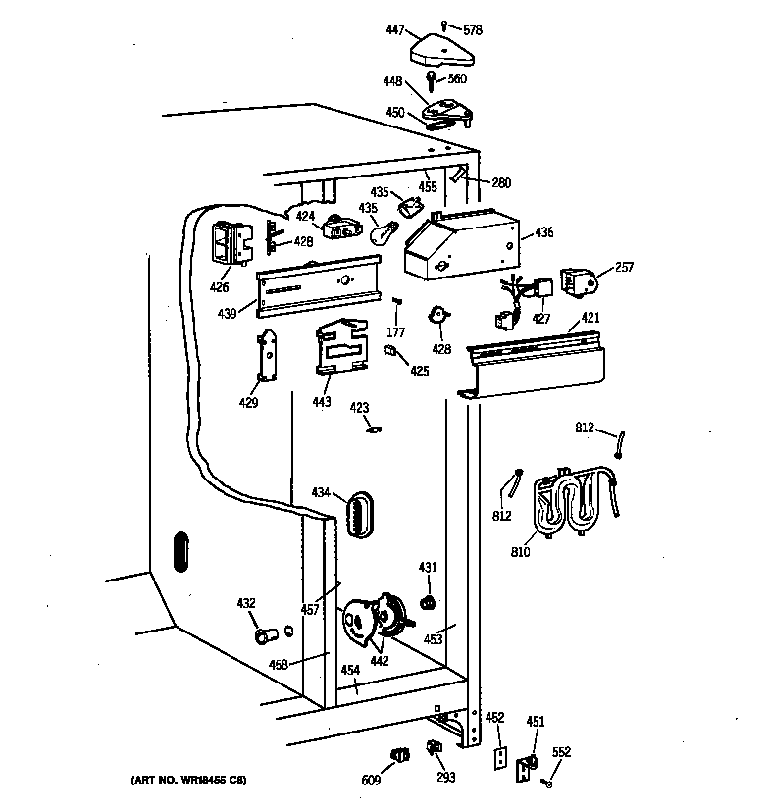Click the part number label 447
(x=395, y=30)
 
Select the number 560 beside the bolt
(x=457, y=79)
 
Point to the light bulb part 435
(x=383, y=233)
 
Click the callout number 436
(x=543, y=232)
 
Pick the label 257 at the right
(x=625, y=267)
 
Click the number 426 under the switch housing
(x=219, y=287)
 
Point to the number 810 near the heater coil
(x=520, y=552)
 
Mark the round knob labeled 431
(x=428, y=601)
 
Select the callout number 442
(x=380, y=660)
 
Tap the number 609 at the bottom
(x=370, y=780)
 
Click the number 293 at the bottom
(x=446, y=780)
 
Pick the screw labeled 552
(x=547, y=781)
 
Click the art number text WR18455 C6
(x=187, y=780)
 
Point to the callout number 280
(x=501, y=182)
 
